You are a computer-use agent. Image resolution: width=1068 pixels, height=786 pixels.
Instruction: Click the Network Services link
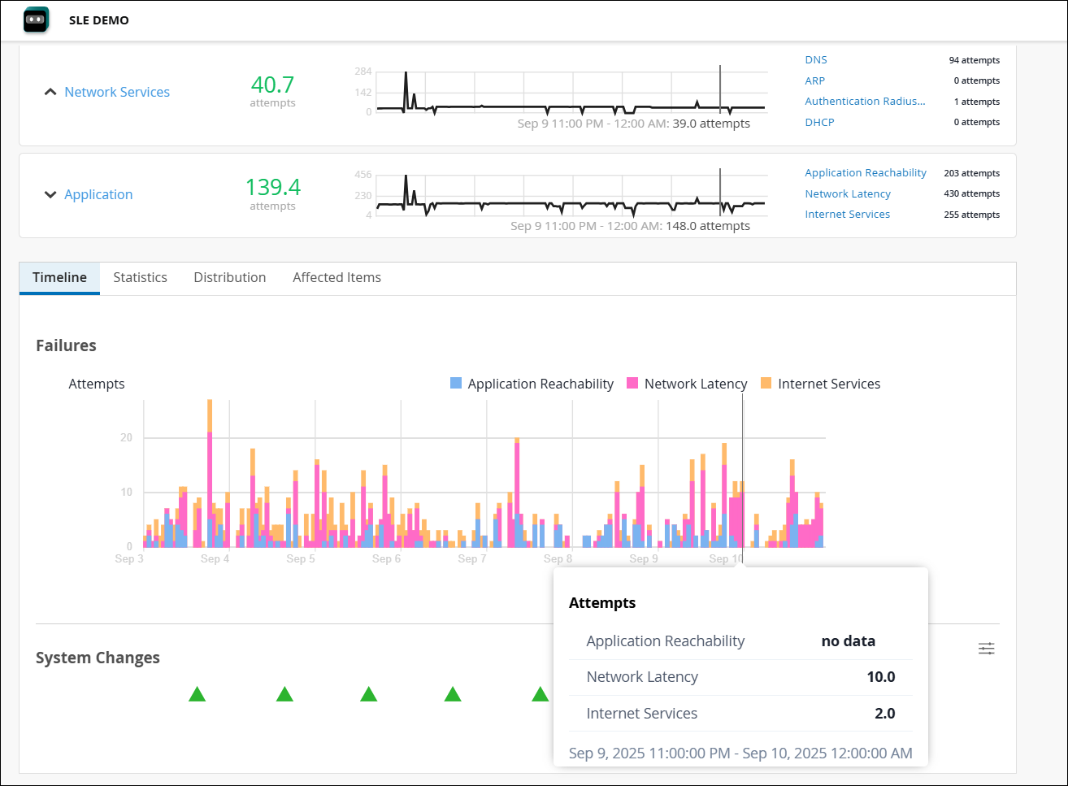[117, 92]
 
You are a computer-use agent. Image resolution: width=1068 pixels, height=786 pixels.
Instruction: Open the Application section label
[98, 194]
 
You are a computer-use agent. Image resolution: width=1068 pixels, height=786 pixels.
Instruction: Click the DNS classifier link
[816, 60]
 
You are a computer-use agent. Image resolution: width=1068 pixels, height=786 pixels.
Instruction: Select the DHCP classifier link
[819, 122]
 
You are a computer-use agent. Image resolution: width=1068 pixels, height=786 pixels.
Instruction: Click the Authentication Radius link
[865, 102]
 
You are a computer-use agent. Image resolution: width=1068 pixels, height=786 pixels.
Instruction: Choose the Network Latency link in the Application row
[848, 193]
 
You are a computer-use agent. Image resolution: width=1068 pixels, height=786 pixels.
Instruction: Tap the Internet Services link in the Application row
[847, 215]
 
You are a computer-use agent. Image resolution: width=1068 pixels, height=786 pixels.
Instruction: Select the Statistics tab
[140, 277]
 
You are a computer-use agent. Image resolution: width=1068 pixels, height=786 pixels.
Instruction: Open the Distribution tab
[230, 277]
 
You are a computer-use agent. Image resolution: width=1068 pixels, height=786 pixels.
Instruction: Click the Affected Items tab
[336, 277]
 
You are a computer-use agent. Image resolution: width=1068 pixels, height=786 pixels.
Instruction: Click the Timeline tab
[59, 277]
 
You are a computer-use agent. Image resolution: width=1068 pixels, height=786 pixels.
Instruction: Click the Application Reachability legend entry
[540, 384]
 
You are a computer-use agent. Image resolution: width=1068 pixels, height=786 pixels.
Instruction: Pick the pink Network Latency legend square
[632, 384]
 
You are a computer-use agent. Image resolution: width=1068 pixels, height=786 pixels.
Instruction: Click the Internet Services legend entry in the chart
[828, 384]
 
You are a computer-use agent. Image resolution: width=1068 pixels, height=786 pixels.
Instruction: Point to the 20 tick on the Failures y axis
[126, 437]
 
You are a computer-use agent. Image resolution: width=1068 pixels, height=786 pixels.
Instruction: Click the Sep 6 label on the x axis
[386, 558]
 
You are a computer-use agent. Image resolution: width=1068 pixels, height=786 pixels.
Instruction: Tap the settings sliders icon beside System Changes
[986, 649]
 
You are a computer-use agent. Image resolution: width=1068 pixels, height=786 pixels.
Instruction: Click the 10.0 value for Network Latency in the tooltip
[880, 677]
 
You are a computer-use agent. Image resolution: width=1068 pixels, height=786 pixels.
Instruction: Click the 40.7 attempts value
[272, 85]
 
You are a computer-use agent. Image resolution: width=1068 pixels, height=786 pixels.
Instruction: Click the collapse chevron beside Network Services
[50, 92]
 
